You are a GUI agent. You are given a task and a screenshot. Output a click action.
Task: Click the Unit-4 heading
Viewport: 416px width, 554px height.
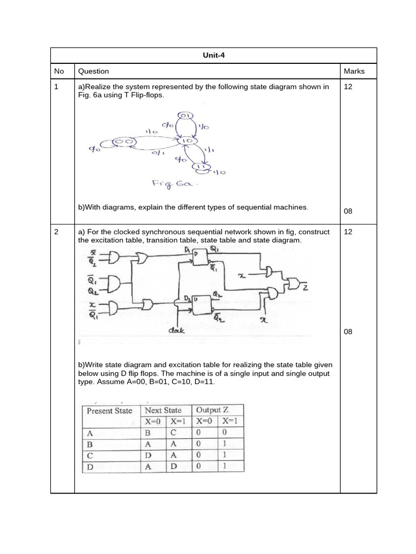(x=213, y=56)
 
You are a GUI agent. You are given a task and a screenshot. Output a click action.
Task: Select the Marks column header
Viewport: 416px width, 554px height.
(x=354, y=71)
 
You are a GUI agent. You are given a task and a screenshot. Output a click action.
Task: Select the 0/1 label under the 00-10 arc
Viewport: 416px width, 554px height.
(x=158, y=153)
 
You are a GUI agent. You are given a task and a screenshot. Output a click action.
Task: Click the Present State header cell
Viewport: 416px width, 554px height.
(x=109, y=411)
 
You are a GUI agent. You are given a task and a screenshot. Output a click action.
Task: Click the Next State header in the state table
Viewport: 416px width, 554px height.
(x=163, y=410)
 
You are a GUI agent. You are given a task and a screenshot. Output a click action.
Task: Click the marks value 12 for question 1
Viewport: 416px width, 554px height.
(x=348, y=87)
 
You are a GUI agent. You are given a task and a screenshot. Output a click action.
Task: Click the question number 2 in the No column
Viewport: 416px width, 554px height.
(x=56, y=232)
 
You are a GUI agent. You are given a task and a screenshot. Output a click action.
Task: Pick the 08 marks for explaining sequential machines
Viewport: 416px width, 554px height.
(x=348, y=211)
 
